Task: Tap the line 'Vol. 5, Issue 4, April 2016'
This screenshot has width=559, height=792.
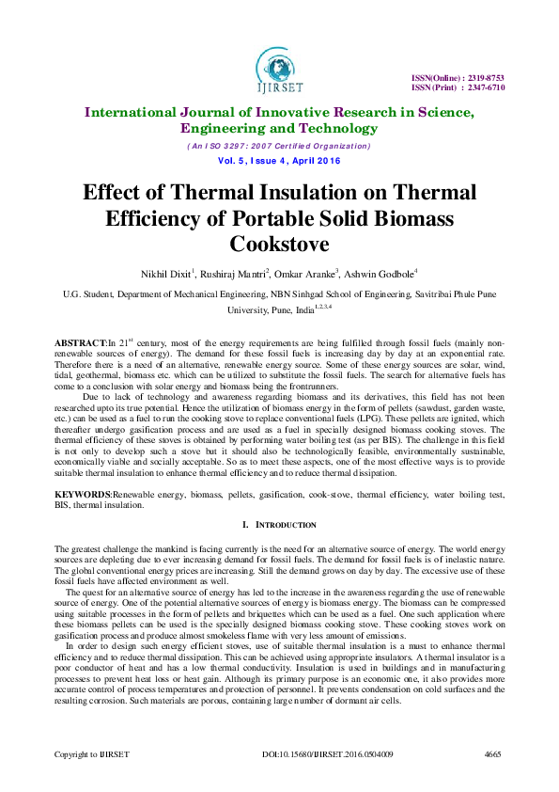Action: (x=278, y=161)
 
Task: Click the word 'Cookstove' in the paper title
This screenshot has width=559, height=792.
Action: (x=278, y=244)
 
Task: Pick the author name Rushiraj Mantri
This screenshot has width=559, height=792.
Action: (x=236, y=274)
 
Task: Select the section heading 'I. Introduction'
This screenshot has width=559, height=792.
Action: (x=279, y=523)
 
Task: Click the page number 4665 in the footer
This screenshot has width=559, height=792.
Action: (x=493, y=754)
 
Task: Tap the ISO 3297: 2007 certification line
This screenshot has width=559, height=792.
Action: (x=278, y=146)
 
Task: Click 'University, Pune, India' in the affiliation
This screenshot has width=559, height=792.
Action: (x=273, y=309)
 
